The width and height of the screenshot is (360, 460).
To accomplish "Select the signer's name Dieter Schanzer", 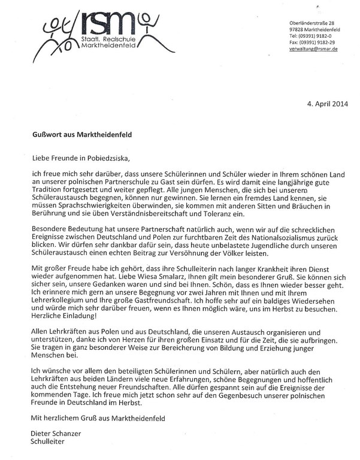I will [57, 432].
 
